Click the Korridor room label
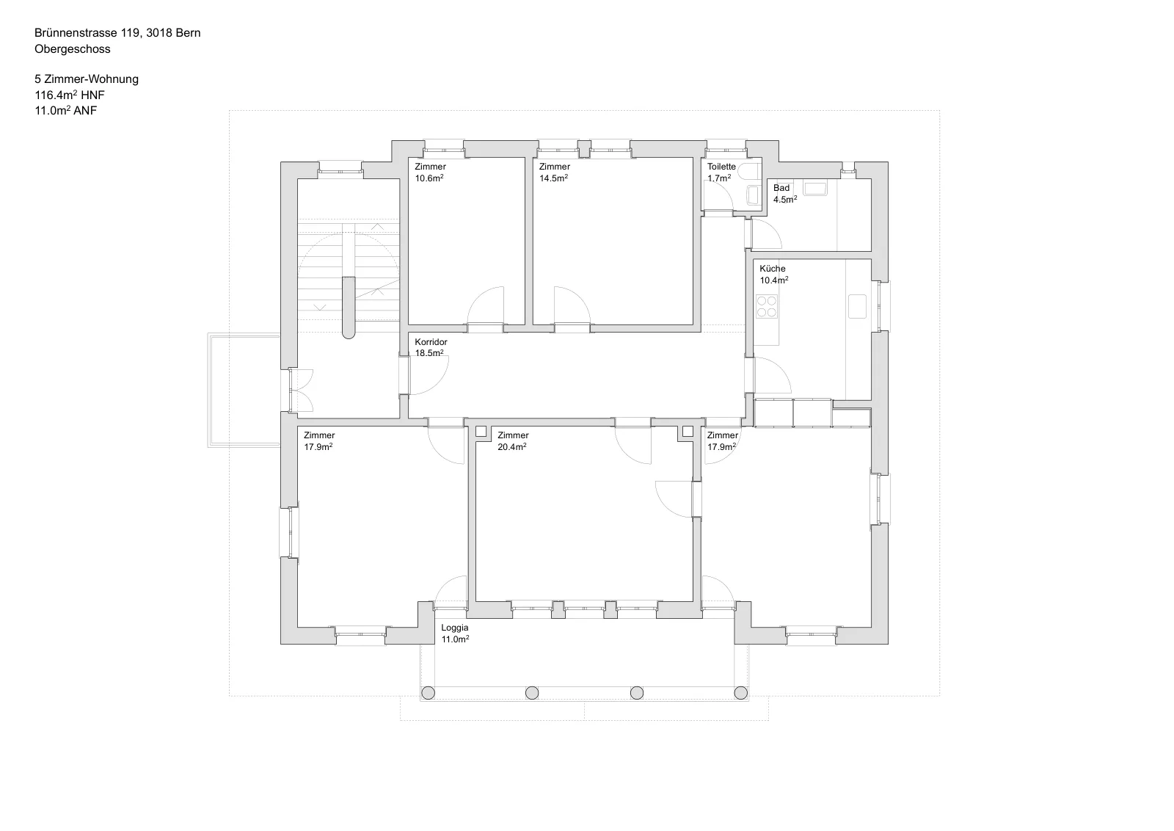pyautogui.click(x=431, y=342)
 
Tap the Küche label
pyautogui.click(x=773, y=269)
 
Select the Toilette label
pyautogui.click(x=721, y=166)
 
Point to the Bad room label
pyautogui.click(x=781, y=188)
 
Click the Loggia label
pyautogui.click(x=454, y=628)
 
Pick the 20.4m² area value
pyautogui.click(x=512, y=446)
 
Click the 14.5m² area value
pyautogui.click(x=553, y=178)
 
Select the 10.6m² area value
pyautogui.click(x=429, y=178)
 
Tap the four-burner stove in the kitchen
pyautogui.click(x=766, y=306)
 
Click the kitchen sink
pyautogui.click(x=857, y=306)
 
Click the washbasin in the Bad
pyautogui.click(x=815, y=188)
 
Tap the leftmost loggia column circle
pyautogui.click(x=429, y=692)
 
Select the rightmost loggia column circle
pyautogui.click(x=740, y=692)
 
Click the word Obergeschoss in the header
pyautogui.click(x=73, y=49)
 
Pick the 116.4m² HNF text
pyautogui.click(x=70, y=95)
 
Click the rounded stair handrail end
pyautogui.click(x=349, y=333)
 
